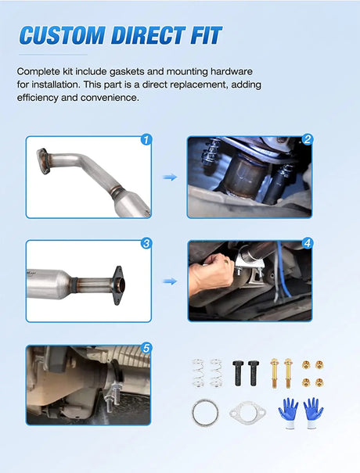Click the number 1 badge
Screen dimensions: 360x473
pyautogui.click(x=146, y=140)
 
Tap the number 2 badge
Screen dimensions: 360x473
pyautogui.click(x=308, y=139)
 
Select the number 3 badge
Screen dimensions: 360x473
pyautogui.click(x=146, y=243)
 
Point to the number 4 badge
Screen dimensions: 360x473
pyautogui.click(x=308, y=243)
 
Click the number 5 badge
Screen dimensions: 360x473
pyautogui.click(x=146, y=349)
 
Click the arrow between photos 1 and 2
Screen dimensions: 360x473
pyautogui.click(x=170, y=177)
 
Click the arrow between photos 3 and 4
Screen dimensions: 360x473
pyautogui.click(x=170, y=281)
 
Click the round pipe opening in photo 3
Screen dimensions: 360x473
pyautogui.click(x=121, y=285)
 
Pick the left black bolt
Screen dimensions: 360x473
pyautogui.click(x=238, y=373)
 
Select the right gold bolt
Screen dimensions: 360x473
pyautogui.click(x=288, y=373)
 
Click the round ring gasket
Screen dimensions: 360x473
pyautogui.click(x=205, y=412)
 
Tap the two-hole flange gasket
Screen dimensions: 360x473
pyautogui.click(x=247, y=412)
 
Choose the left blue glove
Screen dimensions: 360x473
pyautogui.click(x=289, y=413)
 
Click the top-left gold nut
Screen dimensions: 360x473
pyautogui.click(x=306, y=365)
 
